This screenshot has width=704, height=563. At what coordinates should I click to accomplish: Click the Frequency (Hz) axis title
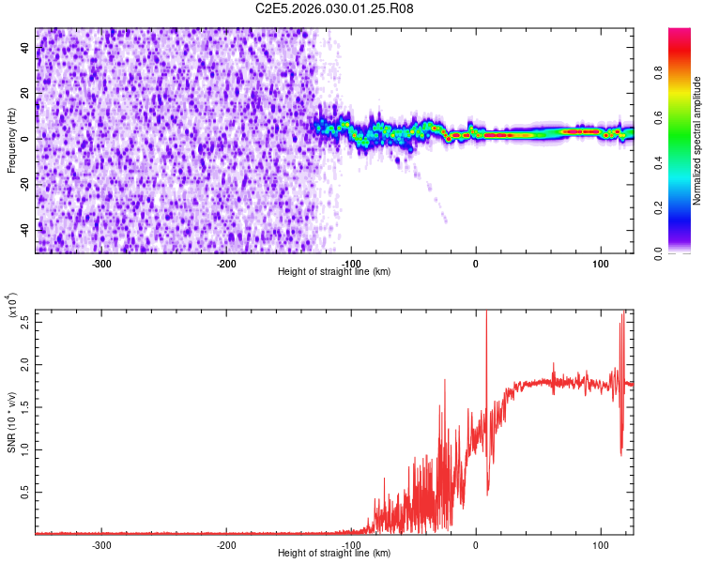coord(11,141)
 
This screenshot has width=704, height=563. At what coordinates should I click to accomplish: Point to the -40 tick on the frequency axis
coord(25,229)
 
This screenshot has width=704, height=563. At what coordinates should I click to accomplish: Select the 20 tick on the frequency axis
coord(25,93)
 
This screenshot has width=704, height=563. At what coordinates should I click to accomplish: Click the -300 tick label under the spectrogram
coord(101,263)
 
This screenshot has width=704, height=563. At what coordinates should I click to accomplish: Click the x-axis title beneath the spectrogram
coord(334,272)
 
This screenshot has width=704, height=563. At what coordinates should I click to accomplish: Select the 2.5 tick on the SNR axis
coord(25,320)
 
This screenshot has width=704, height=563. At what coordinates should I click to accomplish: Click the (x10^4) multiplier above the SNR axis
coord(13,306)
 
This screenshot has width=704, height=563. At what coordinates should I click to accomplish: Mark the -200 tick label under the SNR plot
coord(226,544)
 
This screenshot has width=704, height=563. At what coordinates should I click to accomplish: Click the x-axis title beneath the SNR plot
coord(334,554)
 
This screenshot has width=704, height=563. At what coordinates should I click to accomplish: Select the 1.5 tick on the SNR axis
coord(25,405)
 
